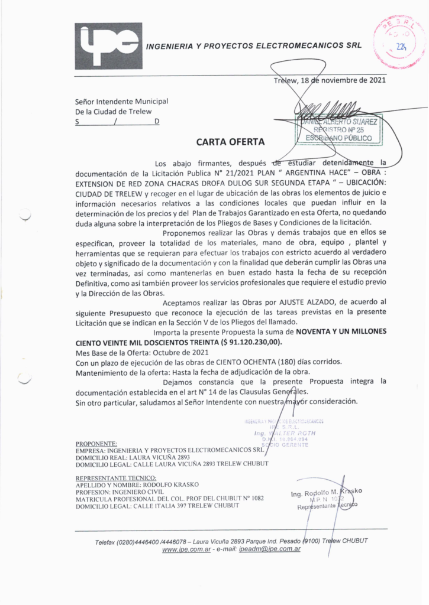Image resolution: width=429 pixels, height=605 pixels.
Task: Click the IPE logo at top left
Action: (108, 46)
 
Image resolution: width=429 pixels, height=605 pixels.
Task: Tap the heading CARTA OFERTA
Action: (230, 142)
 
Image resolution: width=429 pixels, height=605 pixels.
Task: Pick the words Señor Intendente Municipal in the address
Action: (121, 102)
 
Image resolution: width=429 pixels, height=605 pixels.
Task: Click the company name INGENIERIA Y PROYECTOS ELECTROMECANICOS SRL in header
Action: (253, 45)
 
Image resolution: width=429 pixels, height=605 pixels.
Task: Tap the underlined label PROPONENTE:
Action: (97, 443)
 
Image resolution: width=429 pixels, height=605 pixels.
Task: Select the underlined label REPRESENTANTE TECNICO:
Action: (116, 477)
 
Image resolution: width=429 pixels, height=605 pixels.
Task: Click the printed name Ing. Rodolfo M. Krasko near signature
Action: (326, 492)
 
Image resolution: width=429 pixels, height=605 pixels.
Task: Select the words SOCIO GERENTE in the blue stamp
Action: (289, 445)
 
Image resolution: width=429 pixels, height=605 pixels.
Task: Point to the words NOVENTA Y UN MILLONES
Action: (341, 332)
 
